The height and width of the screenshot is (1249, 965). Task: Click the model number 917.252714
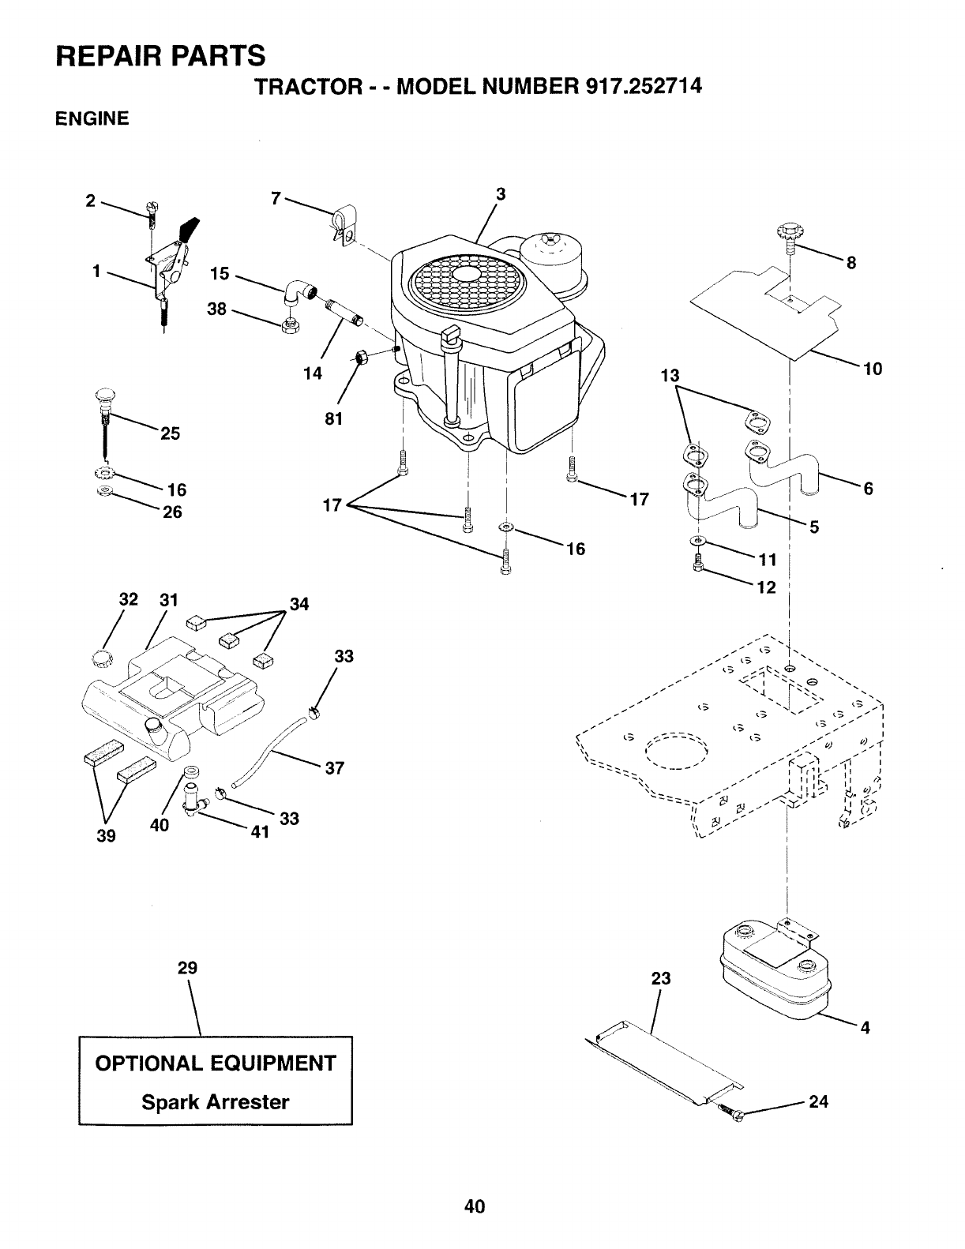644,86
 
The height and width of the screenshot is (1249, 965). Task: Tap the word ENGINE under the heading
92,118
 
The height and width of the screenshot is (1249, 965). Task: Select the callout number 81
333,419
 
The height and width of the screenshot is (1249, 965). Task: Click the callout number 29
187,968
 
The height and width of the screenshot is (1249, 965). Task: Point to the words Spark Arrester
215,1102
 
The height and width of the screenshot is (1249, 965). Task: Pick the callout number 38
216,309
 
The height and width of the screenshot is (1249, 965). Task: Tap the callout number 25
170,433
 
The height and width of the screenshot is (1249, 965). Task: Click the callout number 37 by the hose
335,767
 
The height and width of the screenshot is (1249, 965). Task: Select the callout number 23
661,977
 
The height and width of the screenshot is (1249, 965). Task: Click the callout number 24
818,1101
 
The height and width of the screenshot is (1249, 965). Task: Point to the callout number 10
873,369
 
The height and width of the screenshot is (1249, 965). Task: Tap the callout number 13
670,375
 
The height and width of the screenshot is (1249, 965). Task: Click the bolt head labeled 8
788,234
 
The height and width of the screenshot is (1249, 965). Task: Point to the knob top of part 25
106,396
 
